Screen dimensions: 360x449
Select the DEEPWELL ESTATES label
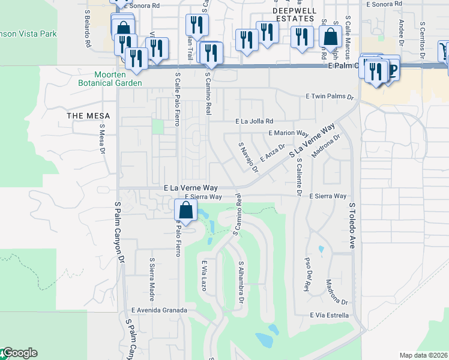[294, 14]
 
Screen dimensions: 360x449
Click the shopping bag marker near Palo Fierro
[186, 211]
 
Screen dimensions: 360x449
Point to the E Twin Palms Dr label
[330, 96]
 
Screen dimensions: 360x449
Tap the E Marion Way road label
[288, 133]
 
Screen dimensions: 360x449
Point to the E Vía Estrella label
[329, 315]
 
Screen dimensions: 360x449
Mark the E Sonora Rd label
[140, 5]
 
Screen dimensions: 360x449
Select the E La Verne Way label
[191, 188]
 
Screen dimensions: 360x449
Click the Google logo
[19, 353]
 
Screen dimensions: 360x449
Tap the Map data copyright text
[423, 355]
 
